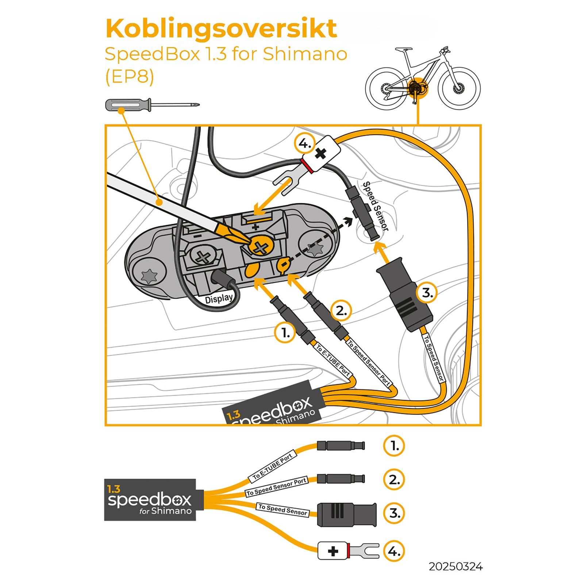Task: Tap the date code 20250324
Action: click(455, 566)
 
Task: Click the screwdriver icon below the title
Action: click(151, 105)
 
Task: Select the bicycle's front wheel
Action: click(459, 88)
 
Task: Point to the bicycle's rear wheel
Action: click(386, 88)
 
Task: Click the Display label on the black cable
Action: click(219, 299)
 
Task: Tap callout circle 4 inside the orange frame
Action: click(304, 143)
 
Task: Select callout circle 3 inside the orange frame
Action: click(427, 293)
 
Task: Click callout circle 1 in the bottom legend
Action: click(394, 446)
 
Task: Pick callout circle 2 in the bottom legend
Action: click(394, 480)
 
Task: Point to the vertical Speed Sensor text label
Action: click(375, 206)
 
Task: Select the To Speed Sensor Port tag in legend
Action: click(276, 487)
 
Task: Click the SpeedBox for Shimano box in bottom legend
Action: click(150, 500)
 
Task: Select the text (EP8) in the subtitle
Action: click(130, 77)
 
